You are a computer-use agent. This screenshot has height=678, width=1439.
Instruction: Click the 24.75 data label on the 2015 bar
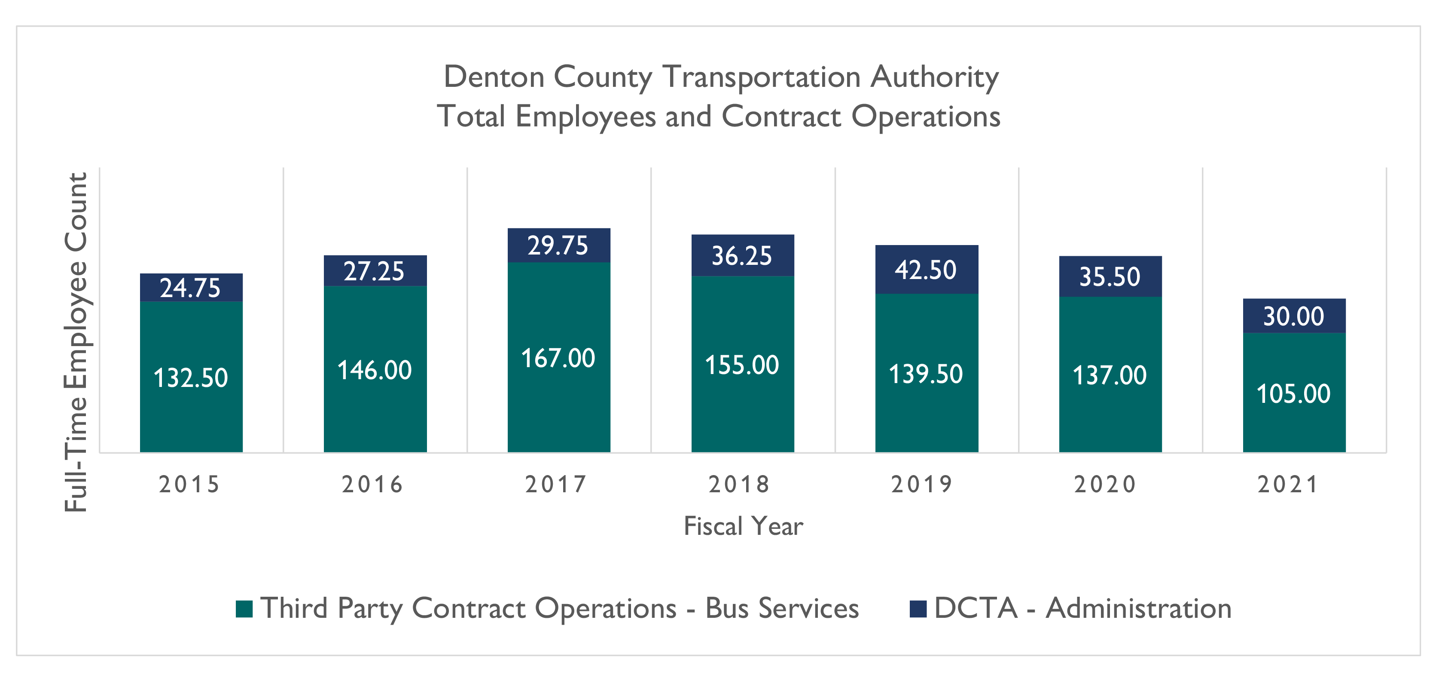[190, 288]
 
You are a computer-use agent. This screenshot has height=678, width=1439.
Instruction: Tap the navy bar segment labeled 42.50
[926, 270]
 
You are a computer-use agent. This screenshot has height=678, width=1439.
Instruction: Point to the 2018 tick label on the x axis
[739, 484]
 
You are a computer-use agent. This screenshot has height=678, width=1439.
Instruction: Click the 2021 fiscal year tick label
[1288, 484]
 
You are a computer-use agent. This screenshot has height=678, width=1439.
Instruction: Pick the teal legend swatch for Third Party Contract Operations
[244, 609]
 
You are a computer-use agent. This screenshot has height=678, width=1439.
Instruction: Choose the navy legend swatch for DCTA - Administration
[918, 609]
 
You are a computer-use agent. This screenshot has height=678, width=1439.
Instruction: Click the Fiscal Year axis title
[743, 526]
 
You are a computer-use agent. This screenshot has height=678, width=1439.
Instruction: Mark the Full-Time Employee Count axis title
[76, 342]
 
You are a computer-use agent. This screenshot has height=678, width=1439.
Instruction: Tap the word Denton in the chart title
[494, 77]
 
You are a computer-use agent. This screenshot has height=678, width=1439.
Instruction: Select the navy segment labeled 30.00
[1294, 316]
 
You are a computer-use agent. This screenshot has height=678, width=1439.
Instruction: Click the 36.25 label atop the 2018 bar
[742, 255]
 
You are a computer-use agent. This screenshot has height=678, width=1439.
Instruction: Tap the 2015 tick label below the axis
[189, 484]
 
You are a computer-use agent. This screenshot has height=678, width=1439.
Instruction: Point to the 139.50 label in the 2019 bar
[926, 374]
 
